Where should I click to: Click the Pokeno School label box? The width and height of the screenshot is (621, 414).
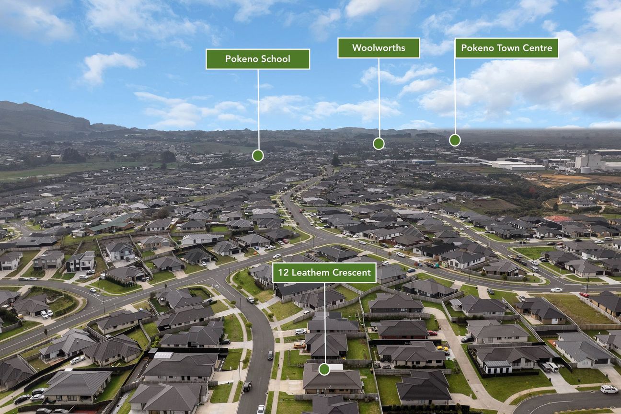tap(258, 59)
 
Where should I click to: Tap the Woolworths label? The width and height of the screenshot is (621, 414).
tap(379, 48)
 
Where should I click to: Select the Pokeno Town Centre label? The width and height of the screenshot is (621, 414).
tap(506, 48)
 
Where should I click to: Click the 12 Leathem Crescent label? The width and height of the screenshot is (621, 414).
tap(324, 273)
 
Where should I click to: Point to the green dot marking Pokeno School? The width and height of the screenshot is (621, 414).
tap(258, 156)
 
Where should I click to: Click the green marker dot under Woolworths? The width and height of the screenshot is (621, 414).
tap(379, 144)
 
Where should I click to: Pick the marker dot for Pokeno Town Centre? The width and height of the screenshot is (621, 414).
tap(455, 140)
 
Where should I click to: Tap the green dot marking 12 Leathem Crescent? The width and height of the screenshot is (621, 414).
tap(324, 369)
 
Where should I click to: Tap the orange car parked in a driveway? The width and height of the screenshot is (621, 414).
tap(299, 345)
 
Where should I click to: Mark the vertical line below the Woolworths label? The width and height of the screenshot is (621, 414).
tap(379, 98)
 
